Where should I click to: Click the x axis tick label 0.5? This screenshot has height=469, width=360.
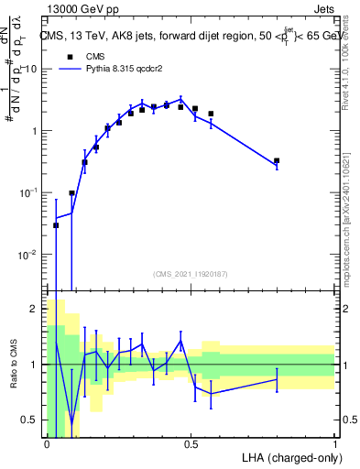click(191, 444)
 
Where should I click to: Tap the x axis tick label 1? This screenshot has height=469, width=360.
click(334, 444)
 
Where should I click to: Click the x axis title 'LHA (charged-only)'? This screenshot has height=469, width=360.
click(287, 458)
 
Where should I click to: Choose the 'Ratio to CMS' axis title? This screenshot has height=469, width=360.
click(12, 365)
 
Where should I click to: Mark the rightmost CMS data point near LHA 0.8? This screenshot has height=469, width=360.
click(277, 161)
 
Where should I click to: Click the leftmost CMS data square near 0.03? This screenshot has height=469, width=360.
click(56, 225)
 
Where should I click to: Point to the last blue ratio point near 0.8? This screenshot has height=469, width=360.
click(277, 379)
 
